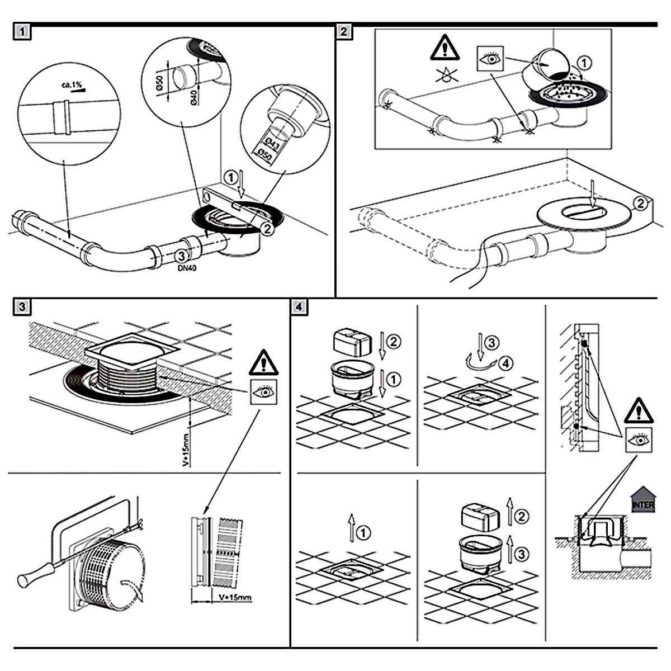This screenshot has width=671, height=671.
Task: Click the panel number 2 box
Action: coord(344,31)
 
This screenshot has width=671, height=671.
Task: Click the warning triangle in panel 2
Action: coord(445,48)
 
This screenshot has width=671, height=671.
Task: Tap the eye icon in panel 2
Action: coord(491,58)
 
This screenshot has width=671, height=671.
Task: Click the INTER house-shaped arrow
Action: coord(642,499)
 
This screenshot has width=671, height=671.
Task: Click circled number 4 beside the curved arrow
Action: coord(505,363)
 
